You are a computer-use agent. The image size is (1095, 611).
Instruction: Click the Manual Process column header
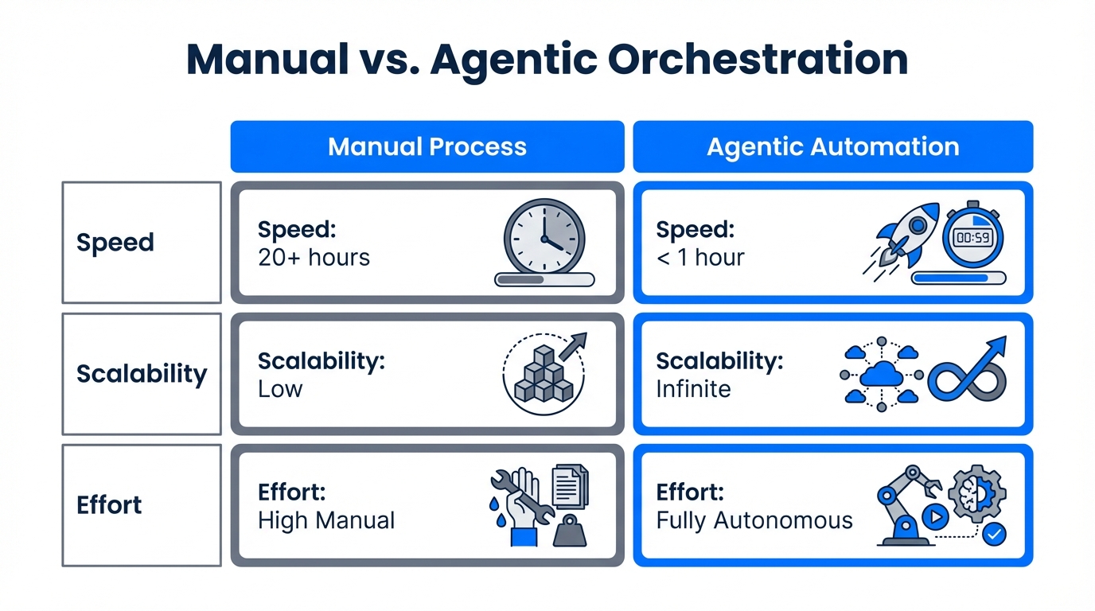tap(427, 146)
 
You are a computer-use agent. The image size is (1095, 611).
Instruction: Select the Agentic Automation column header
tap(832, 146)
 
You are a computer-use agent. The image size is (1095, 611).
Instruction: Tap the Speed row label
tap(115, 242)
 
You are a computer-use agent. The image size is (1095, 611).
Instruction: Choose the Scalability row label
tap(142, 373)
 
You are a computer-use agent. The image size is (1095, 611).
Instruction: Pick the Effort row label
tap(109, 504)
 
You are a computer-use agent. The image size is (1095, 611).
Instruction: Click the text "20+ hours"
tap(314, 257)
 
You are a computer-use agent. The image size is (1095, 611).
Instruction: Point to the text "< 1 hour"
tap(700, 257)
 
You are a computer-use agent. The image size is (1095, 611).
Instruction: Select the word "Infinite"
tap(693, 389)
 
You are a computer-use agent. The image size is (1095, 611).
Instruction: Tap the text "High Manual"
tap(326, 520)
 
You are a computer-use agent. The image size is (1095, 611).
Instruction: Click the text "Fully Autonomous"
tap(754, 520)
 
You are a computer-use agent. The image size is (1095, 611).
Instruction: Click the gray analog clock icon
tap(544, 237)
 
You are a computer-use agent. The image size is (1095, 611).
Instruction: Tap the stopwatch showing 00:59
tap(972, 236)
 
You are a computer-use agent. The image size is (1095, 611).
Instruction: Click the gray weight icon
tap(570, 530)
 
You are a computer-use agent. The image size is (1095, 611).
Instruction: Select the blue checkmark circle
tap(993, 534)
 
